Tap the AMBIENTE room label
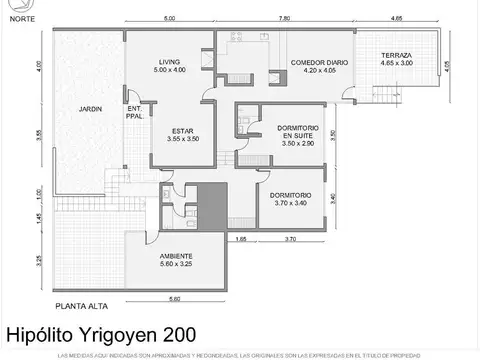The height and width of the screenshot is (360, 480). click(x=176, y=256)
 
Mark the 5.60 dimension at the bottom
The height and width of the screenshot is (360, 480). click(x=174, y=298)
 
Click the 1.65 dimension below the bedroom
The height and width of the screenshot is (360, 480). click(x=241, y=240)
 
